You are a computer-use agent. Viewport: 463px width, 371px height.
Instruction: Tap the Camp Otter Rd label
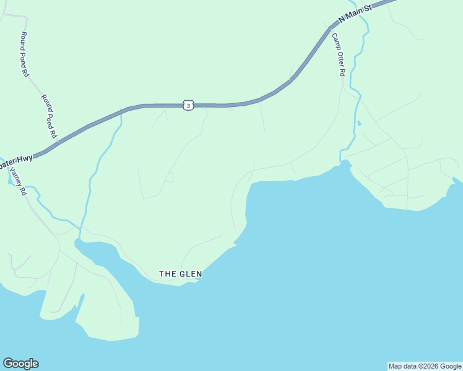pyautogui.click(x=337, y=54)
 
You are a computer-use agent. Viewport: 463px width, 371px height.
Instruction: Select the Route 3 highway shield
pyautogui.click(x=188, y=106)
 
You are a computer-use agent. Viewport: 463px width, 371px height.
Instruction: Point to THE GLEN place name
pyautogui.click(x=181, y=273)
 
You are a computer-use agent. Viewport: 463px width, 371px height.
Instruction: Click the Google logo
pyautogui.click(x=20, y=364)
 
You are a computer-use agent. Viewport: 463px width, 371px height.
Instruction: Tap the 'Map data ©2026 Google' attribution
pyautogui.click(x=425, y=366)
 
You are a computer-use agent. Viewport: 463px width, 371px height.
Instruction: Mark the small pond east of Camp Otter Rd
pyautogui.click(x=358, y=123)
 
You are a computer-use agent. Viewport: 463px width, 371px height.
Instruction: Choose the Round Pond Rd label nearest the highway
pyautogui.click(x=49, y=116)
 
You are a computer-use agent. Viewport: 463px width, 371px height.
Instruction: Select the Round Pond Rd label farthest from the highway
pyautogui.click(x=25, y=54)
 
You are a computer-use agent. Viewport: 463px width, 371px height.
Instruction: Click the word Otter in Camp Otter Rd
pyautogui.click(x=338, y=56)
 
